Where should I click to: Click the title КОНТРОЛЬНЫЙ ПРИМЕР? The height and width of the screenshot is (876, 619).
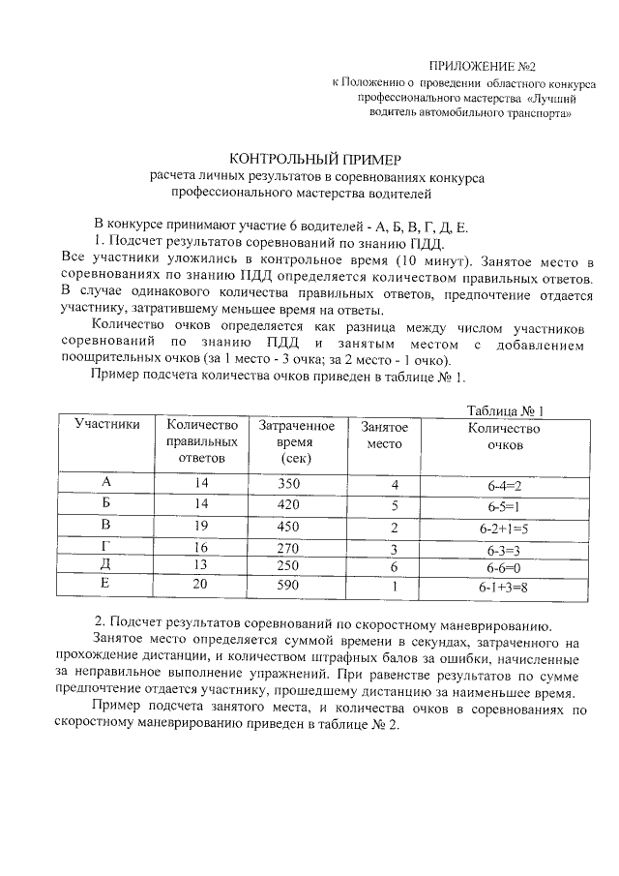coord(313,158)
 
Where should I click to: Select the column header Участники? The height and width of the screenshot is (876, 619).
coord(107,425)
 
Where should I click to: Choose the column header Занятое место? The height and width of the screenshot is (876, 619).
coord(384,435)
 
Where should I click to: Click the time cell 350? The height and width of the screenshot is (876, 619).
coord(290,483)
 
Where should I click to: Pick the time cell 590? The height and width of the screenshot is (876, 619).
coord(290,586)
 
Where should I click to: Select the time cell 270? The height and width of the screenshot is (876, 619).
coord(290,547)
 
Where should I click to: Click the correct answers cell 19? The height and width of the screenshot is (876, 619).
coord(201,526)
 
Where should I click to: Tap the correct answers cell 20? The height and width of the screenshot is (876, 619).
coord(201,586)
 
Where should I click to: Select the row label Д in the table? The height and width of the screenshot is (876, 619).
coord(106,565)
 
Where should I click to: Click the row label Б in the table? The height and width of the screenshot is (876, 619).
coord(106,504)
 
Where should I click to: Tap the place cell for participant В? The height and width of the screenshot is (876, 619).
coord(395,528)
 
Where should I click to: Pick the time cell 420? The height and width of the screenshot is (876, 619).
coord(290,504)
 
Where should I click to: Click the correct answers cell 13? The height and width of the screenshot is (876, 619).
coord(201,565)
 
